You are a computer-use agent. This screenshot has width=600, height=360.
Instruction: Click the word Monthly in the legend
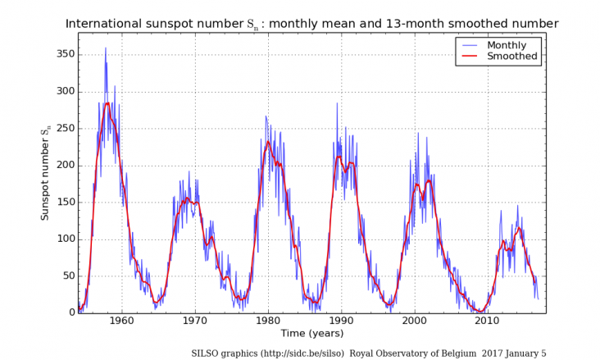(513, 44)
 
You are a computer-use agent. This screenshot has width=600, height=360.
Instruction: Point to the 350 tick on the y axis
(66, 54)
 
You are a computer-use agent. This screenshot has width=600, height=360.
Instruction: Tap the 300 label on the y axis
(66, 91)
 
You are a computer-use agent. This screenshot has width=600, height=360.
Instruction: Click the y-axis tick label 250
(66, 128)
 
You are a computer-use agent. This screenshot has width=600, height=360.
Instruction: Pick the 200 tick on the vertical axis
(66, 165)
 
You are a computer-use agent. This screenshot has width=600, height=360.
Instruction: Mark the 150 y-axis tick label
(66, 202)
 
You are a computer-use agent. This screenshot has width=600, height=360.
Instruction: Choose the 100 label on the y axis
(66, 239)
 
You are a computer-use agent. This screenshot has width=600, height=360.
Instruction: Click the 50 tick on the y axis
(69, 276)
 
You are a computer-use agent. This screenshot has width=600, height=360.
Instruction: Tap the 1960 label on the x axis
(122, 321)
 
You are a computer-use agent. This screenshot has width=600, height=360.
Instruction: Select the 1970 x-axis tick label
(195, 321)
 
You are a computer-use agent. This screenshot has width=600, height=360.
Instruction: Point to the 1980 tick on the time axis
(268, 321)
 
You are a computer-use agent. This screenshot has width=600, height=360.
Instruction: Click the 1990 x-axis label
(341, 321)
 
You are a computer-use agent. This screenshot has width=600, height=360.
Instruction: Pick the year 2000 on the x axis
(415, 321)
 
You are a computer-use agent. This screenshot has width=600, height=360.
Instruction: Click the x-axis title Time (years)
(312, 334)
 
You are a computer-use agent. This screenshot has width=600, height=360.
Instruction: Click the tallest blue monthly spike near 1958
(105, 48)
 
